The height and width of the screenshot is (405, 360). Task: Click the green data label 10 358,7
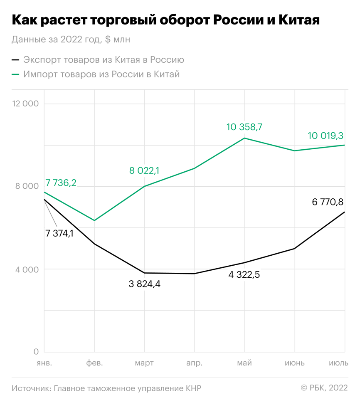point(244,127)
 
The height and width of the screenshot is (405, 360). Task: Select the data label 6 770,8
point(328,202)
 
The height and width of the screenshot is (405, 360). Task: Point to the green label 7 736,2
point(60,183)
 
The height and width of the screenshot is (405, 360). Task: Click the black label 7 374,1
point(59,233)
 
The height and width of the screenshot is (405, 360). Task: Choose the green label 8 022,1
point(145,170)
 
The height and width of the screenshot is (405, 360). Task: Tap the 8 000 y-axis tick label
point(27,186)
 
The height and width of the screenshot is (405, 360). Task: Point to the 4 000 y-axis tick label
point(27,269)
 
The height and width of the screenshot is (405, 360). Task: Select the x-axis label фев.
point(94,363)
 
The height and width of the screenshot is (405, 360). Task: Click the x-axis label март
point(144,363)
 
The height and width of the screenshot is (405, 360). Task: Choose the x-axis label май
point(244,363)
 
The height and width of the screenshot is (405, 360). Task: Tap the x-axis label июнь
point(295,363)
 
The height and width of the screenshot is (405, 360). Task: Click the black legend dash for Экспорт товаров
point(16,60)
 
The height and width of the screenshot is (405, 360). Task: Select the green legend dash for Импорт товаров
point(16,74)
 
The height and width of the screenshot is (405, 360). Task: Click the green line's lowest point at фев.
point(94,220)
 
